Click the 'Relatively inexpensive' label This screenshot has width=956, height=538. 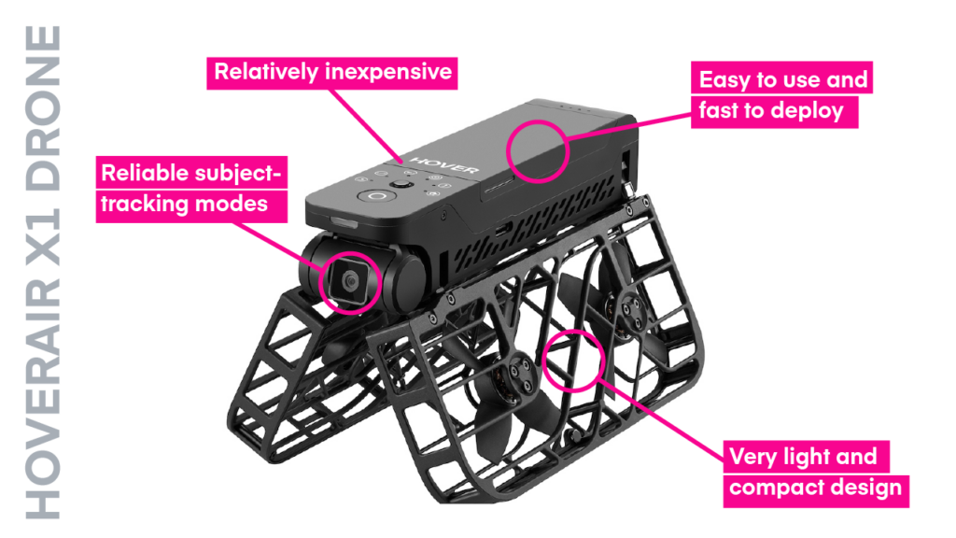pos(332,72)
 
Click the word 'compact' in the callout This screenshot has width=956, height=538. pos(771,488)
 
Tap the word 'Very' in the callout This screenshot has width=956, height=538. pos(752,458)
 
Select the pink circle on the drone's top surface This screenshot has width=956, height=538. pos(540,149)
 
